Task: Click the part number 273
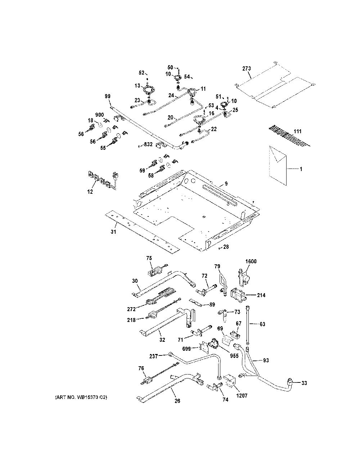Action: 247,69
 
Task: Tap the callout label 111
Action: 297,131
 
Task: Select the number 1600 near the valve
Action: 251,261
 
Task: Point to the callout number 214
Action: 261,295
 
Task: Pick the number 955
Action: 234,356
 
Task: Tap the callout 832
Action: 148,144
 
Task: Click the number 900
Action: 99,115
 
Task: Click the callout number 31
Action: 113,232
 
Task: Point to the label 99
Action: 108,96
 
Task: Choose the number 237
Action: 154,356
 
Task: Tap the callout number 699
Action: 186,349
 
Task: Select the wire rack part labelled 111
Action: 289,136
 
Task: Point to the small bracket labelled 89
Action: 195,302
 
